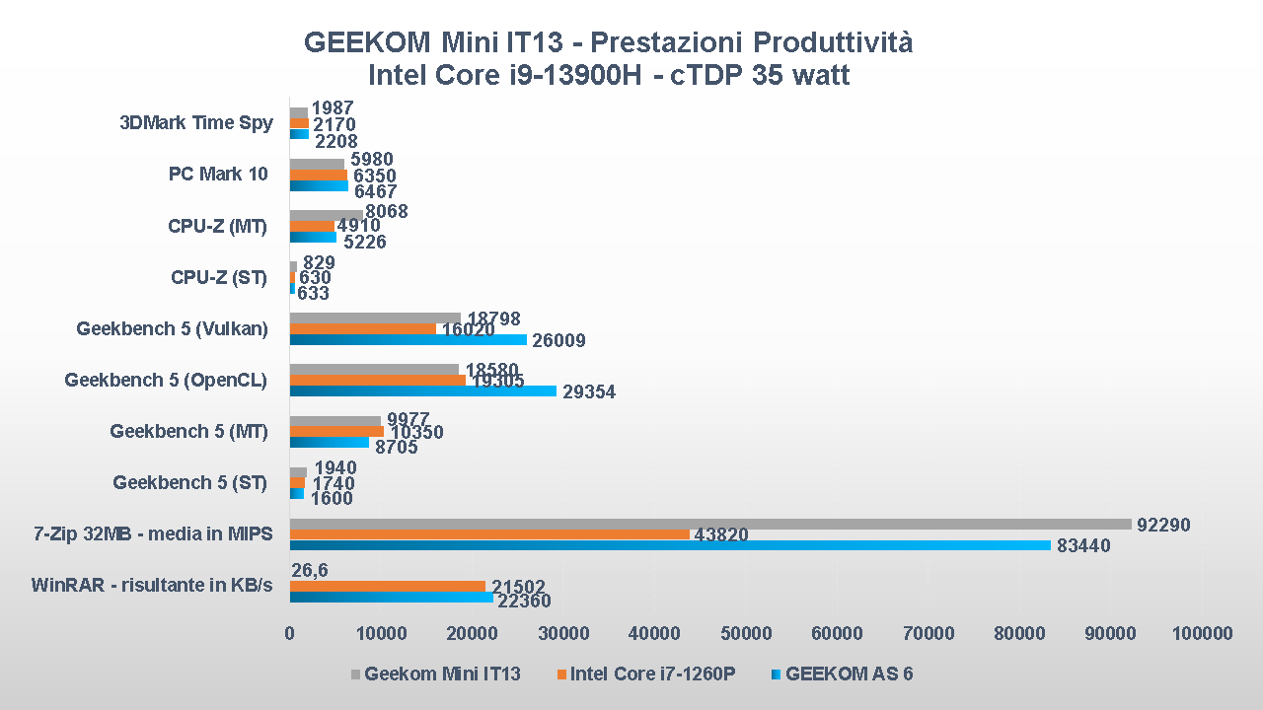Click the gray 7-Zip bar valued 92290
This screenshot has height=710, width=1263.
click(x=710, y=525)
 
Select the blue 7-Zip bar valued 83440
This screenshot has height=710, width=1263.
click(x=670, y=545)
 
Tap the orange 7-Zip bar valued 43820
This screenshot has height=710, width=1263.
click(x=489, y=534)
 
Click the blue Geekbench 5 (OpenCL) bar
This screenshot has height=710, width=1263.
click(x=423, y=391)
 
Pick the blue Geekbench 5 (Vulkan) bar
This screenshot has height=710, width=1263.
click(x=408, y=340)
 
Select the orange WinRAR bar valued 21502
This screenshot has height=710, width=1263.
click(x=387, y=586)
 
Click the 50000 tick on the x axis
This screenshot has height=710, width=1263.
click(x=746, y=633)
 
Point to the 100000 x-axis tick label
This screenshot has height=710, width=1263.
click(x=1203, y=633)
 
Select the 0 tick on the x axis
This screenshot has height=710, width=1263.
click(x=290, y=633)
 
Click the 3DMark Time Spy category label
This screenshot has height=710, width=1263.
click(x=195, y=123)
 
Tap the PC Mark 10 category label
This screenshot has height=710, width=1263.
click(x=218, y=175)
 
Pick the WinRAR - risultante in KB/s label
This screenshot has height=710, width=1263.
click(x=152, y=586)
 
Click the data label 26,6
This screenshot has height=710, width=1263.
click(x=310, y=570)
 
